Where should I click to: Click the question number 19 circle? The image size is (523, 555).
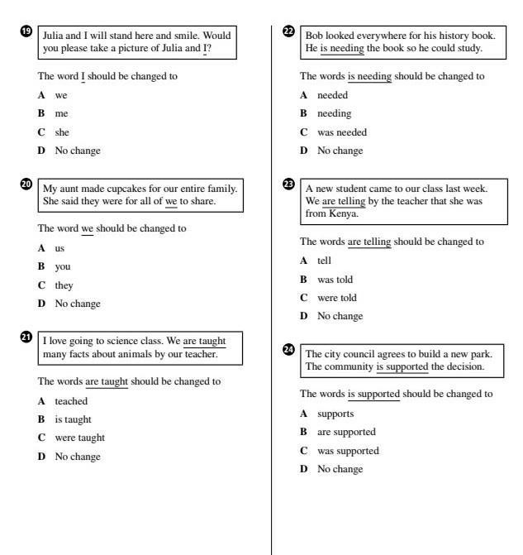26,31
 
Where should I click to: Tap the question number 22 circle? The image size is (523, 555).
288,31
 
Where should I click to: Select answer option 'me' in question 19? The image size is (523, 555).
61,113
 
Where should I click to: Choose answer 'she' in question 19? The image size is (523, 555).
62,132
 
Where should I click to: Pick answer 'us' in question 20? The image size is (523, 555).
59,248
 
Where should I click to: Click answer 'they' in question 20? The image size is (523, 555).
64,285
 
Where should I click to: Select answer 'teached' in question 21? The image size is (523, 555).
71,401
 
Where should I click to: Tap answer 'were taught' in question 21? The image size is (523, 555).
79,438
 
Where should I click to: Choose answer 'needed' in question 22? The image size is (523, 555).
332,95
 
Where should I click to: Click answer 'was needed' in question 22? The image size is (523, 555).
342,132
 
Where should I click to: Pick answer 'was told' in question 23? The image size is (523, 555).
335,280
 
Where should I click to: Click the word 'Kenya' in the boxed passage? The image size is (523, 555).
343,213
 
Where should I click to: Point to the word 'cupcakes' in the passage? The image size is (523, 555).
118,189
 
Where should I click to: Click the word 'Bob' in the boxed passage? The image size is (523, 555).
315,36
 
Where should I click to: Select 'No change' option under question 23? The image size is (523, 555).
340,316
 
